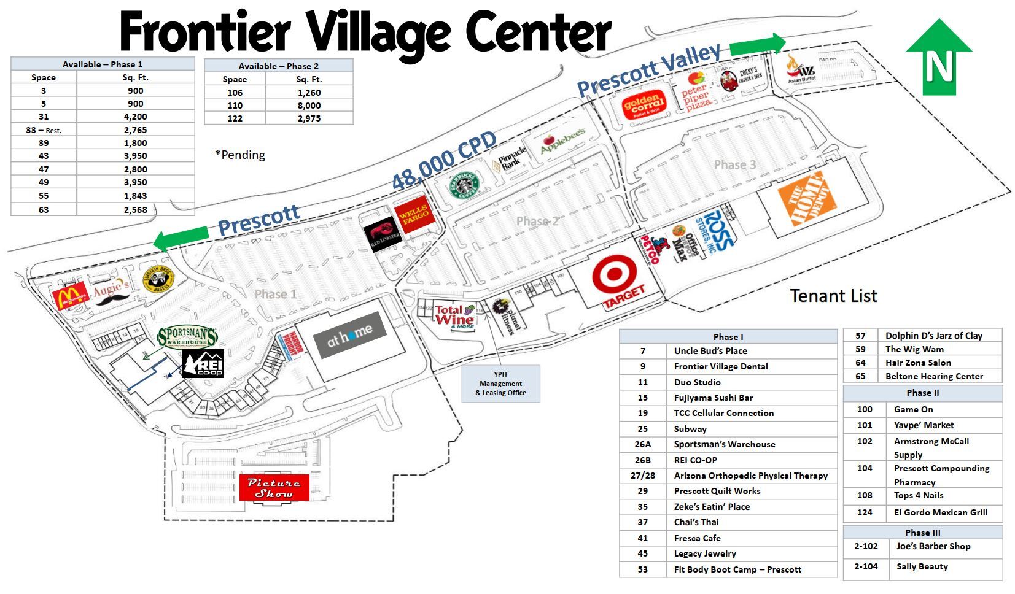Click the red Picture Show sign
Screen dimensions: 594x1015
[274, 487]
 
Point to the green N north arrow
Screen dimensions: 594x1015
[938, 58]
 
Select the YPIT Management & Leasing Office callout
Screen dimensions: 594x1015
[500, 384]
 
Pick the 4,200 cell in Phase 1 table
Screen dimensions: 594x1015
[135, 117]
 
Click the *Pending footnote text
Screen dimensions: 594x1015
[240, 155]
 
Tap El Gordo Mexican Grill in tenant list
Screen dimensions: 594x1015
[940, 512]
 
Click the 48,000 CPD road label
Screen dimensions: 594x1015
[444, 161]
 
